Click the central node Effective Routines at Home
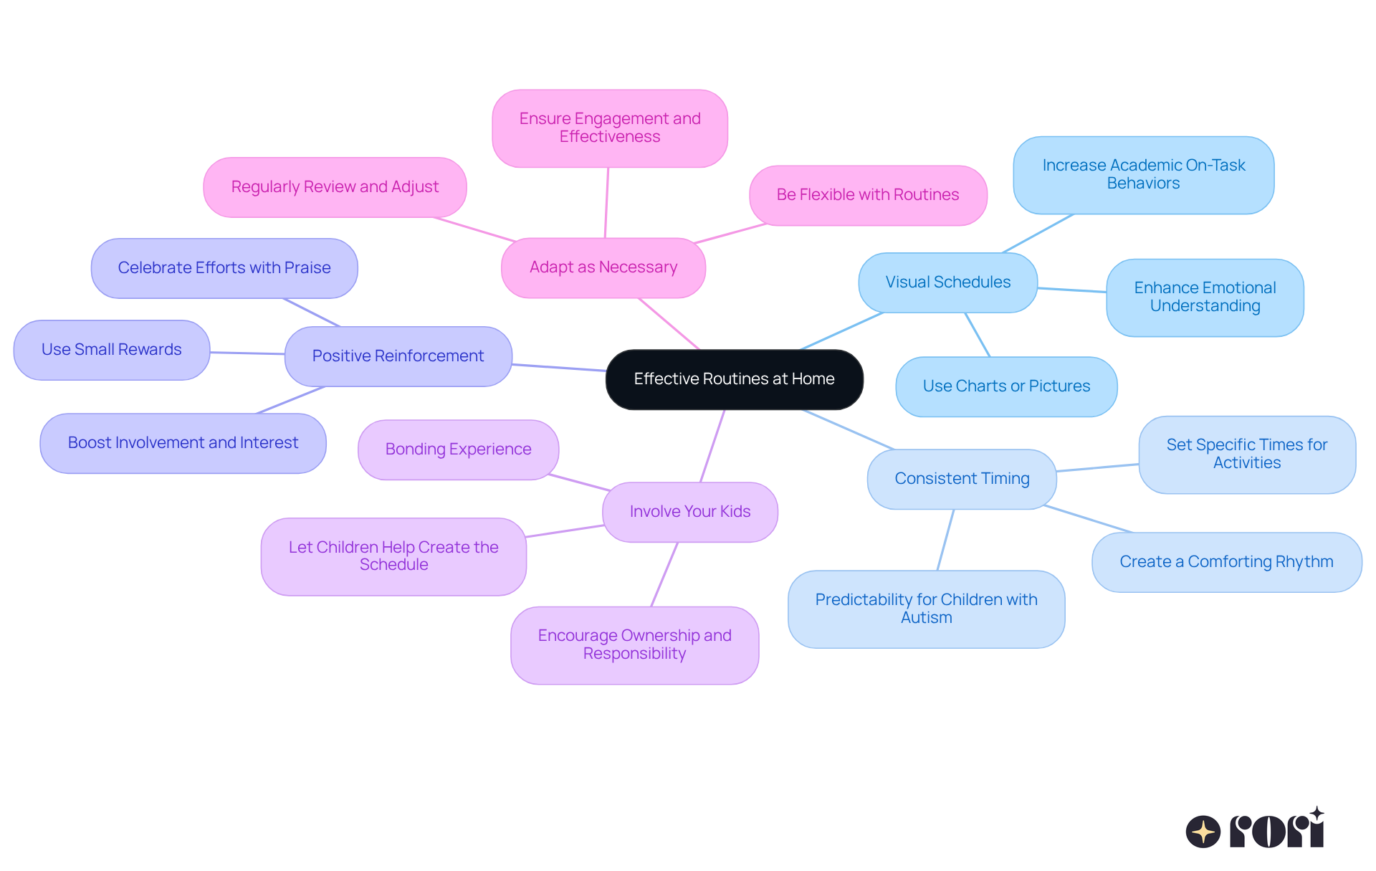pos(734,379)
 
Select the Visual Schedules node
pos(947,282)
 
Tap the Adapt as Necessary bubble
pos(603,267)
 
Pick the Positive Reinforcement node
pos(398,356)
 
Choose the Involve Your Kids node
pos(689,512)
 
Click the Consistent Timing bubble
pos(962,479)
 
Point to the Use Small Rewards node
pos(111,350)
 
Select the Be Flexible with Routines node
pos(867,195)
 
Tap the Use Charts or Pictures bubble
pos(1006,386)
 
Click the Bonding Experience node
pos(458,449)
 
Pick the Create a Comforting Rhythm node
pos(1226,562)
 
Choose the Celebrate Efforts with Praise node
pos(224,268)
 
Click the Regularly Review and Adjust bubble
pos(335,187)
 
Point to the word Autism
pos(926,618)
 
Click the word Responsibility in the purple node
pos(634,654)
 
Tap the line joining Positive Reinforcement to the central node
pos(559,368)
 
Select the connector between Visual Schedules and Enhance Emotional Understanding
pos(1071,290)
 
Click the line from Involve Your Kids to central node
pos(712,446)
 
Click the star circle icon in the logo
pos(1203,832)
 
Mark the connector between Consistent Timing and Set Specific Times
pos(1097,467)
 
